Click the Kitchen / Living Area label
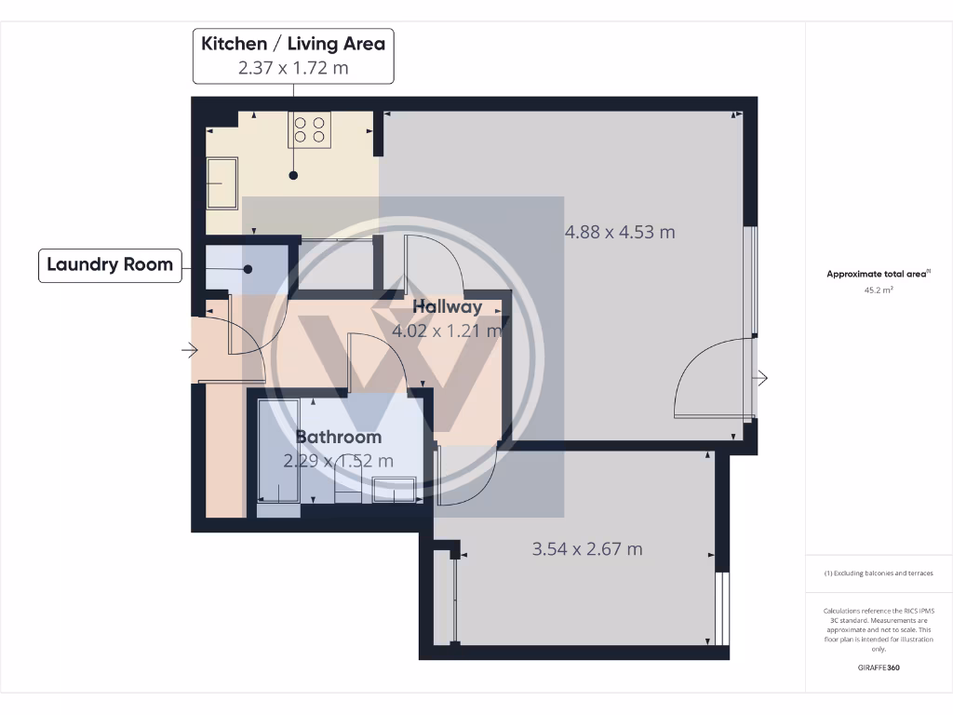[x=293, y=44]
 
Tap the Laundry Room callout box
[x=110, y=264]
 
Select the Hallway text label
[x=448, y=306]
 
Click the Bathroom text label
[x=338, y=437]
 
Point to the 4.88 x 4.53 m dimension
[x=620, y=232]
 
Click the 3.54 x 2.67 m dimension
[x=586, y=548]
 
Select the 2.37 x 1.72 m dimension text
[x=293, y=67]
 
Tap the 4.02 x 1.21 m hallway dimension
[x=448, y=330]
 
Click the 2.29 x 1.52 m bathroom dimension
[x=338, y=460]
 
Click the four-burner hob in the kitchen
[x=310, y=129]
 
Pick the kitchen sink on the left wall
[x=221, y=183]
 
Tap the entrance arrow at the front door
[x=191, y=350]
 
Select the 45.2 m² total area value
[x=879, y=290]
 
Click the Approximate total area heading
[x=878, y=274]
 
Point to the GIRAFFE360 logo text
[x=879, y=668]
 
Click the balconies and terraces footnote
[x=879, y=573]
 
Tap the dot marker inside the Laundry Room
[x=248, y=269]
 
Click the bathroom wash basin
[x=394, y=489]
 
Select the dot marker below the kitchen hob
[x=293, y=175]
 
